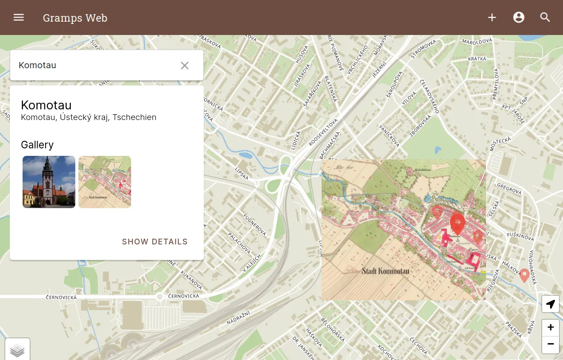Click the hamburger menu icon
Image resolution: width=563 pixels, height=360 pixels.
click(x=19, y=17)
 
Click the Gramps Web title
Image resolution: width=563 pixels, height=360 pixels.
click(x=75, y=18)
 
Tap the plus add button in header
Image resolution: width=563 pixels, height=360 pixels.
click(x=492, y=17)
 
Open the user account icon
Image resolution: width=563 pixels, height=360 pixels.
click(x=519, y=17)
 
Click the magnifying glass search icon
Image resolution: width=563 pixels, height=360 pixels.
click(x=545, y=17)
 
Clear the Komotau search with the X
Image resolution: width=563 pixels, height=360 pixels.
click(x=185, y=66)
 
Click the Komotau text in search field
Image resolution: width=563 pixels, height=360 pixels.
click(x=38, y=65)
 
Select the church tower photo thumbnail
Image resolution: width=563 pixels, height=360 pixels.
click(x=49, y=182)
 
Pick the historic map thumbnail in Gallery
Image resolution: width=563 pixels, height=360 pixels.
click(x=105, y=182)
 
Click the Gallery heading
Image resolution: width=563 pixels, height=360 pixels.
click(x=37, y=145)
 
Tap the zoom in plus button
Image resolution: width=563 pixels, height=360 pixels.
click(x=551, y=328)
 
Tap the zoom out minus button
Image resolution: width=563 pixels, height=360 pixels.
click(x=551, y=344)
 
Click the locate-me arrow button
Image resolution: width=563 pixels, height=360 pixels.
click(x=551, y=304)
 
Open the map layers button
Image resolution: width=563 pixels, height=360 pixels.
click(x=17, y=350)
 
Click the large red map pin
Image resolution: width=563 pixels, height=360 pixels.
click(x=457, y=222)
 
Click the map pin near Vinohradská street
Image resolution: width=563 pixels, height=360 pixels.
click(x=524, y=275)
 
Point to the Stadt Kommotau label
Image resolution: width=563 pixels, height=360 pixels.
click(x=385, y=271)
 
